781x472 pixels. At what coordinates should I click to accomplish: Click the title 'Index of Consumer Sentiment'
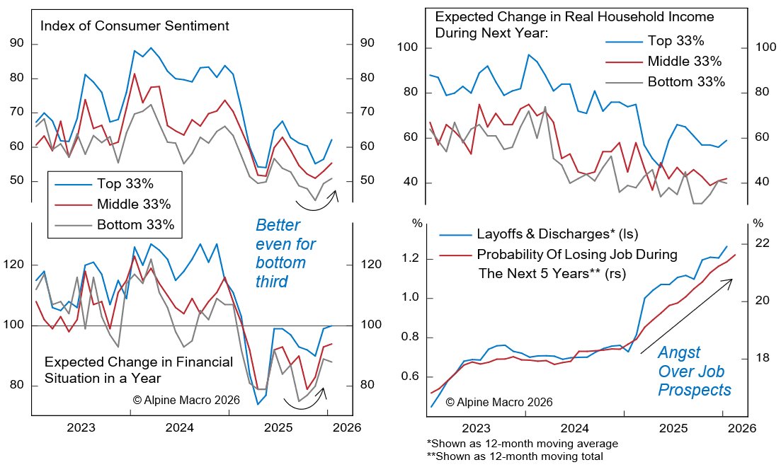[x=135, y=27]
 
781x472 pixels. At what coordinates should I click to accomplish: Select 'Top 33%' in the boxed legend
[x=123, y=185]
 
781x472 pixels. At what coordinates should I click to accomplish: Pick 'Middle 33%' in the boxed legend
[x=132, y=205]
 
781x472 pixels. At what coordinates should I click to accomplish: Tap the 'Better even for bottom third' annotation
[x=281, y=253]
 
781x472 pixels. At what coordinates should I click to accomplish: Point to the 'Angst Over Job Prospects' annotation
[x=694, y=370]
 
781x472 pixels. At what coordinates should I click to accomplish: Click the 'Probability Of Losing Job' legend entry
[x=577, y=254]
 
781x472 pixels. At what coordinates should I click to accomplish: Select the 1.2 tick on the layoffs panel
[x=411, y=259]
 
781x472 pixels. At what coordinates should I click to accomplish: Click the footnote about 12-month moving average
[x=523, y=444]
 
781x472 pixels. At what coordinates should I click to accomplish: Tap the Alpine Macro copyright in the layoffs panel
[x=499, y=402]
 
